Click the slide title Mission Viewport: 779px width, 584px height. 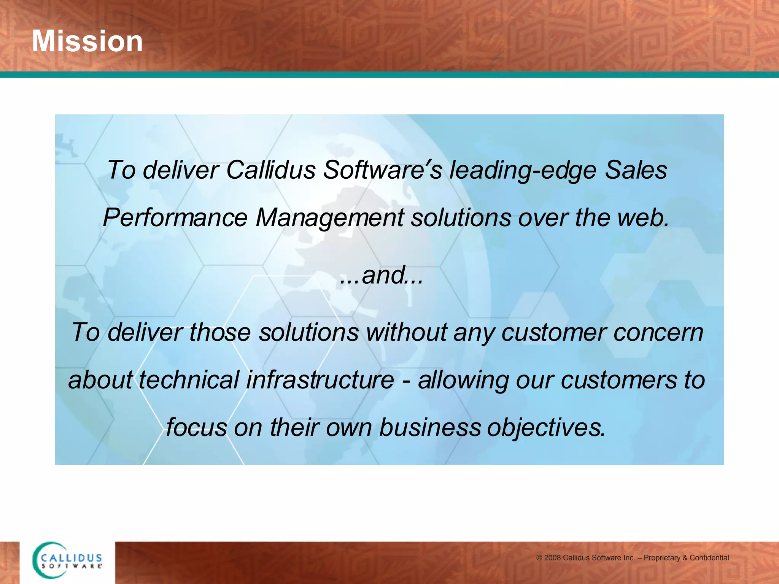87,41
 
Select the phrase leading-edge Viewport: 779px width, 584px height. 523,170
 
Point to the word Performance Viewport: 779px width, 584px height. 175,218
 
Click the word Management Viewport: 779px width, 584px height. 329,218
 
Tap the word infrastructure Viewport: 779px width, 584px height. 320,379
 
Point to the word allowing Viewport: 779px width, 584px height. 463,380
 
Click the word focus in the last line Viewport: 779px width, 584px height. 196,427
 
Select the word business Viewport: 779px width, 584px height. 430,427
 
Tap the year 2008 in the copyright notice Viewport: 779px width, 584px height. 552,558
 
